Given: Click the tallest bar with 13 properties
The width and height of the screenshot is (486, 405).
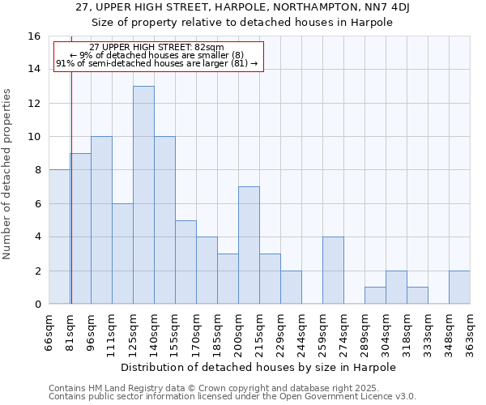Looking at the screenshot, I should [143, 194].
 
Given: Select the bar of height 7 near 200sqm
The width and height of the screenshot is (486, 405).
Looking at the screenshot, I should [249, 245].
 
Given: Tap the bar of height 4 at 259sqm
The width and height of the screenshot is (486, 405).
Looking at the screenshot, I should [333, 270].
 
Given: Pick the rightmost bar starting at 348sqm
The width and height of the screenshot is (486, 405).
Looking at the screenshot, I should [459, 287].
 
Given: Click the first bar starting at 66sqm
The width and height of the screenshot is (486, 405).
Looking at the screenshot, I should [59, 237].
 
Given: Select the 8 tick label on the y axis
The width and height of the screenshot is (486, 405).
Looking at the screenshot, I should [37, 170].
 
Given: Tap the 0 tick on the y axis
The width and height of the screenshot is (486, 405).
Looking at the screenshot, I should [37, 305].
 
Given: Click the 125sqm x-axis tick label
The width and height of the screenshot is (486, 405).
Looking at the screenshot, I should [133, 330].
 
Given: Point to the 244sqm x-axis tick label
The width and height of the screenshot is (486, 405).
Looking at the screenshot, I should [301, 330].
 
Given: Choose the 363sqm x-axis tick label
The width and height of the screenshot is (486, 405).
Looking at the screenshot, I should [470, 330].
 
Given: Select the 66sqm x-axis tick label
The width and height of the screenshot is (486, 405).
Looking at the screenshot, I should [49, 330].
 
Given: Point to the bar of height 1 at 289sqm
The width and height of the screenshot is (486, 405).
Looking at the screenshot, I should [375, 295].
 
